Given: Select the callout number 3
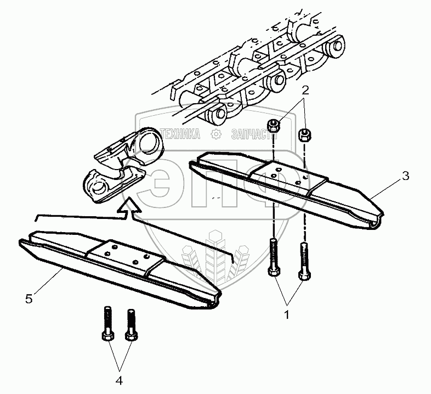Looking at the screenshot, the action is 405,176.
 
